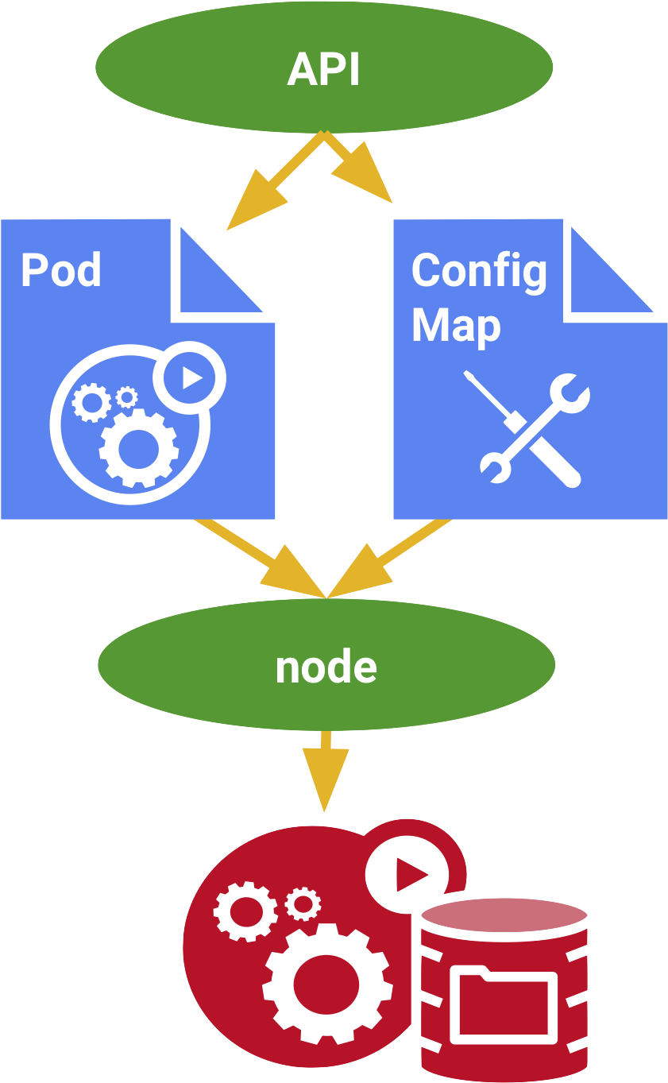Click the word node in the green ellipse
tap(326, 667)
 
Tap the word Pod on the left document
tap(61, 270)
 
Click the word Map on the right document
tap(456, 326)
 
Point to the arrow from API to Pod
tap(270, 187)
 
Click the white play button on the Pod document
tap(190, 377)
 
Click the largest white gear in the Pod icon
tap(138, 447)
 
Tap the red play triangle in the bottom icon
tap(410, 876)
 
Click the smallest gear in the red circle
tap(302, 903)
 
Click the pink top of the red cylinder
tap(504, 915)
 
